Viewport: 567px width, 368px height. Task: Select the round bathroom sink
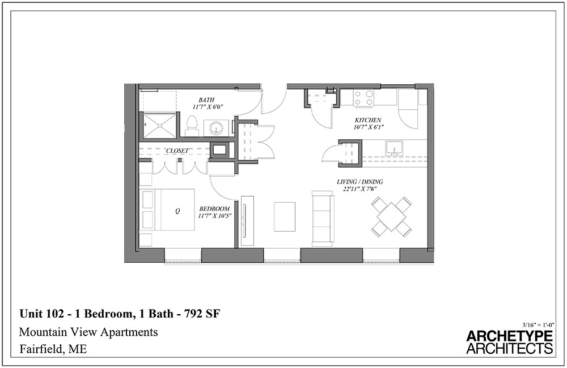click(216, 129)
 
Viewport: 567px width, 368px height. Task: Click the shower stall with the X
click(159, 125)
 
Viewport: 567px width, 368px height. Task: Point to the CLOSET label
click(177, 151)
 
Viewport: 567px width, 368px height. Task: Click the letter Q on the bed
click(177, 211)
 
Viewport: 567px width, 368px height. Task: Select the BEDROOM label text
click(214, 209)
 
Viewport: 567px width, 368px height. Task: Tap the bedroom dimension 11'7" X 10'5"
click(214, 216)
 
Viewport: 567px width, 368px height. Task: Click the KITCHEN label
click(368, 120)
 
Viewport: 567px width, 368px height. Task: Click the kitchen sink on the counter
click(394, 148)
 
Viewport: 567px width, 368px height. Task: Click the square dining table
click(391, 216)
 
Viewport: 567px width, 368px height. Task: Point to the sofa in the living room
click(323, 219)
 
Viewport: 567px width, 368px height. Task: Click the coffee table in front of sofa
click(285, 217)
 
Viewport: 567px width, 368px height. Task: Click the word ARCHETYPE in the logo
click(509, 336)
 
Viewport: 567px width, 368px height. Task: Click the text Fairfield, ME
click(53, 349)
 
